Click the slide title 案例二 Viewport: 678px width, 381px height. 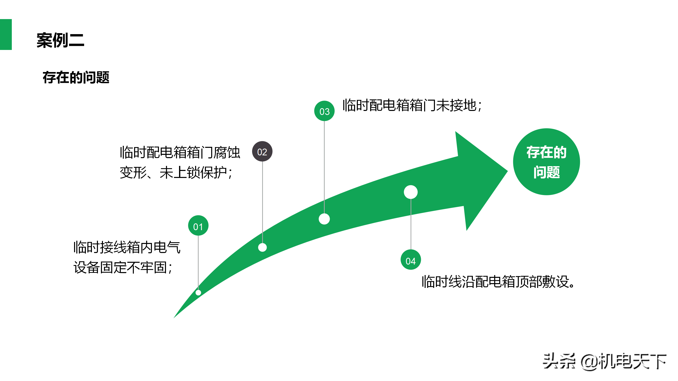point(60,40)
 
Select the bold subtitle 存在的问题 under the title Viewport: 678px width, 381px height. point(76,78)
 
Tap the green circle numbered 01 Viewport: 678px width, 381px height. point(198,226)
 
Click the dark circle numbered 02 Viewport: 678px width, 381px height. point(262,152)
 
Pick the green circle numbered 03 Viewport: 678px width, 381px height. point(324,111)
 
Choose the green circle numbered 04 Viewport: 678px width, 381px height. point(411,260)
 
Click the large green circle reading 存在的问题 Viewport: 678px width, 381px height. point(546,162)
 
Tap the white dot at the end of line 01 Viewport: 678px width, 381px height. point(198,292)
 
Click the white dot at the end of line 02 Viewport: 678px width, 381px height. point(262,247)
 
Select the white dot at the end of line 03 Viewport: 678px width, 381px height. point(324,219)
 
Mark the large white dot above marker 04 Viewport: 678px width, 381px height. point(411,192)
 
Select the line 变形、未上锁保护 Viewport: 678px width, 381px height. point(176,173)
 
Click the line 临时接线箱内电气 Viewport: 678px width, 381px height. point(127,247)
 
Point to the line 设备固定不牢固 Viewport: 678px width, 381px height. point(123,268)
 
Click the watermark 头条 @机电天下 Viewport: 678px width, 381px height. point(604,361)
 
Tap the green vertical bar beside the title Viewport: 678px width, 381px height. point(6,34)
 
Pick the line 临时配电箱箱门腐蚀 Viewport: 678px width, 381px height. point(180,152)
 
